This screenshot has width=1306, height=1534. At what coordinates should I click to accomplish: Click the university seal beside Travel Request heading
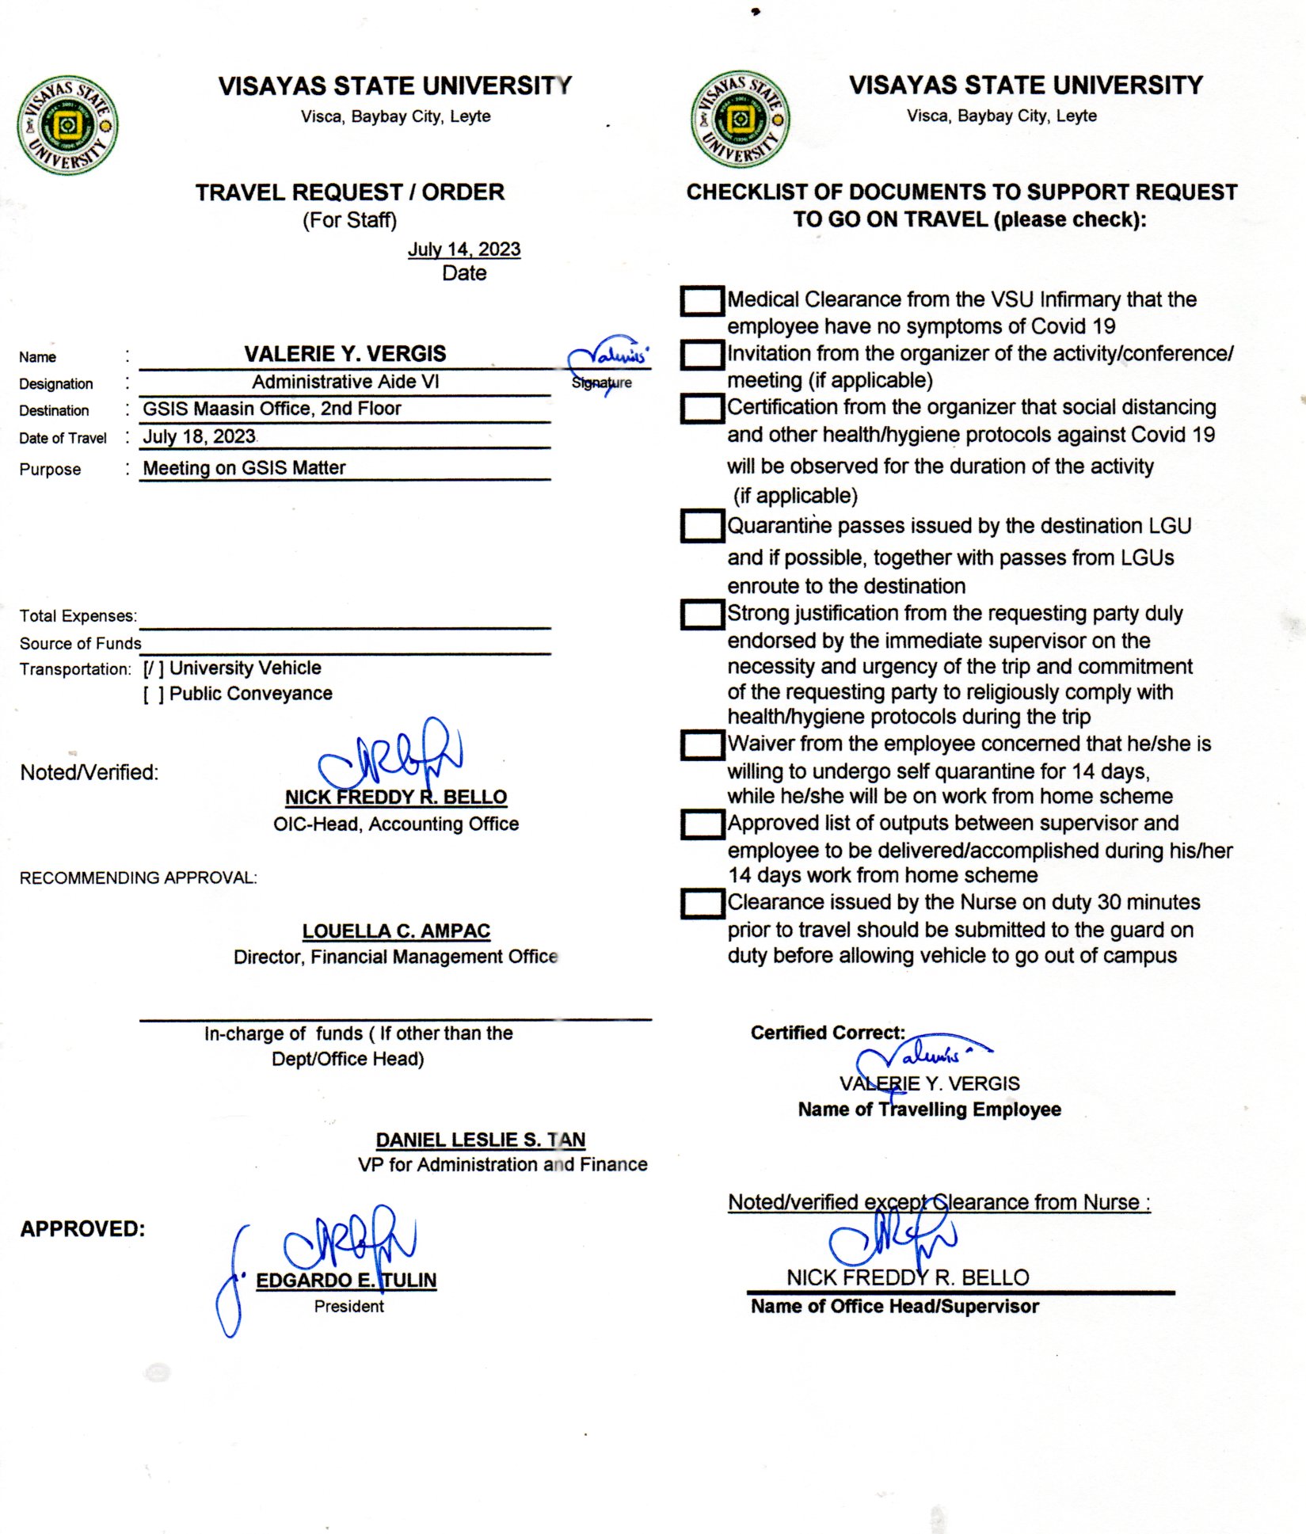tap(67, 125)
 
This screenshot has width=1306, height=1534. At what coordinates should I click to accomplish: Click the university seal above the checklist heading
tap(740, 120)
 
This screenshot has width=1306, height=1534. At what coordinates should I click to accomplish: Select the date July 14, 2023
tap(464, 249)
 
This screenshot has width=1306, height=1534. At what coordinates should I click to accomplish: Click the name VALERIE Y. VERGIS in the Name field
tap(345, 354)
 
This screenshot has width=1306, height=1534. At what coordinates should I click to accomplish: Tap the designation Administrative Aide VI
tap(345, 382)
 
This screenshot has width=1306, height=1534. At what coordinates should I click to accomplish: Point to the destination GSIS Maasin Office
tap(272, 409)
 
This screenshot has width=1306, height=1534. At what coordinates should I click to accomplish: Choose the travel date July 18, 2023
tap(199, 436)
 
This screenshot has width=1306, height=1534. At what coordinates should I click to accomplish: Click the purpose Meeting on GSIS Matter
tap(244, 468)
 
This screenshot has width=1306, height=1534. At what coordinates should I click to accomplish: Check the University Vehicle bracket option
tap(154, 668)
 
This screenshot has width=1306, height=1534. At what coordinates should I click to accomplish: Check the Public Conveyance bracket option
tap(154, 695)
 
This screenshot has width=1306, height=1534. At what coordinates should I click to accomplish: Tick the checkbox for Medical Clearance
tap(702, 301)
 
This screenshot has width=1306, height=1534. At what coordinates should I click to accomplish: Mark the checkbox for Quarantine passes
tap(702, 526)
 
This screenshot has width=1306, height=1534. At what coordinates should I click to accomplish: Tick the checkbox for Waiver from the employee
tap(702, 744)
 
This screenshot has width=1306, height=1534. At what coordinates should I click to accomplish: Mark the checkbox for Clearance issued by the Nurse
tap(702, 904)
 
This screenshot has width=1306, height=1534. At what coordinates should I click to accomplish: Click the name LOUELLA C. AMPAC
tap(396, 931)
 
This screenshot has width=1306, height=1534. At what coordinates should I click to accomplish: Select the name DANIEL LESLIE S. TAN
tap(480, 1140)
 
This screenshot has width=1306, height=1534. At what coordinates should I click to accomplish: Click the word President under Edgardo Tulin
tap(348, 1307)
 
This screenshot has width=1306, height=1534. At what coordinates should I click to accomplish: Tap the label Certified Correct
tap(828, 1033)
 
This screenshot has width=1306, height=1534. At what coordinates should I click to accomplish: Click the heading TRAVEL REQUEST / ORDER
tap(350, 192)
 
